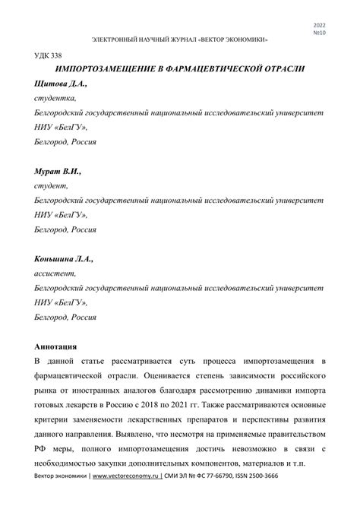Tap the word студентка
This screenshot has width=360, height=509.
tap(55, 97)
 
